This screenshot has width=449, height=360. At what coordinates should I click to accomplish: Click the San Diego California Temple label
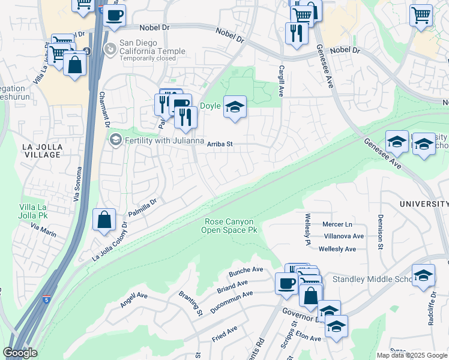(146, 47)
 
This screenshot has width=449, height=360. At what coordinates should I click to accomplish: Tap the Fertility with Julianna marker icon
(115, 140)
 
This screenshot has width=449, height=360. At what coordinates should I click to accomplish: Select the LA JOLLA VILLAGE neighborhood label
(33, 151)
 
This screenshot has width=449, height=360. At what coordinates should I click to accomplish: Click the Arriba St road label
(219, 144)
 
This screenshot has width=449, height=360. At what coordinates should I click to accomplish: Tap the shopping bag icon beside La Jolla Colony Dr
(104, 220)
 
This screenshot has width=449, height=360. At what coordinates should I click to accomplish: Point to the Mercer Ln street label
(337, 224)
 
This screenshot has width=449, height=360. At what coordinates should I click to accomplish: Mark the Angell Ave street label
(133, 299)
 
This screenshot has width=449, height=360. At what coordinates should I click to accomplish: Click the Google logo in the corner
(20, 353)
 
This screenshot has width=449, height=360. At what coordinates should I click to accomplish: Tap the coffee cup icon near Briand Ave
(286, 283)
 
